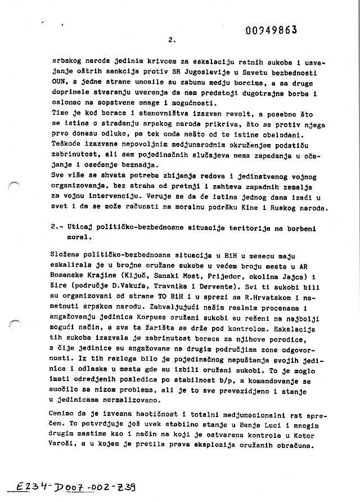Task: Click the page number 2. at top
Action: (x=172, y=40)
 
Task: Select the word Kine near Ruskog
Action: (x=275, y=208)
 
